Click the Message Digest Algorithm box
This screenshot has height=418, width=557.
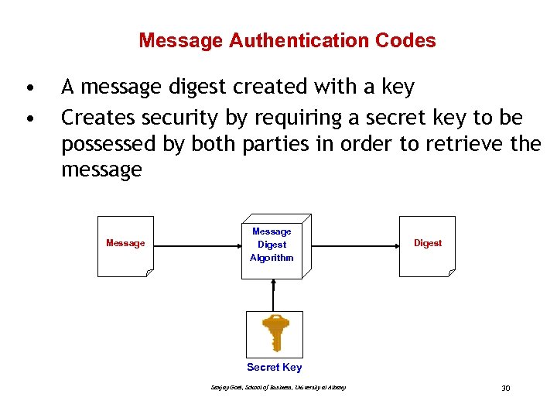pos(274,245)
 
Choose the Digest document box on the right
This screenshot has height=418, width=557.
pos(427,245)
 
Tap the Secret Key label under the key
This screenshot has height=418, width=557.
pos(274,368)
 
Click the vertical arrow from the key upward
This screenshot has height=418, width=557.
pos(273,293)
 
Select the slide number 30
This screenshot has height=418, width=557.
pos(505,388)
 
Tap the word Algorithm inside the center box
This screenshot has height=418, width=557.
pos(272,258)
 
